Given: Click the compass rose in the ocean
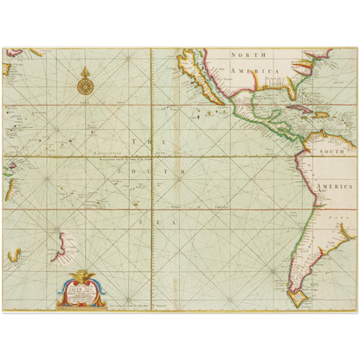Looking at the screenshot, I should pyautogui.click(x=85, y=85).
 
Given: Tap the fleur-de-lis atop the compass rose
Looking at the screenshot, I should pyautogui.click(x=85, y=70).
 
